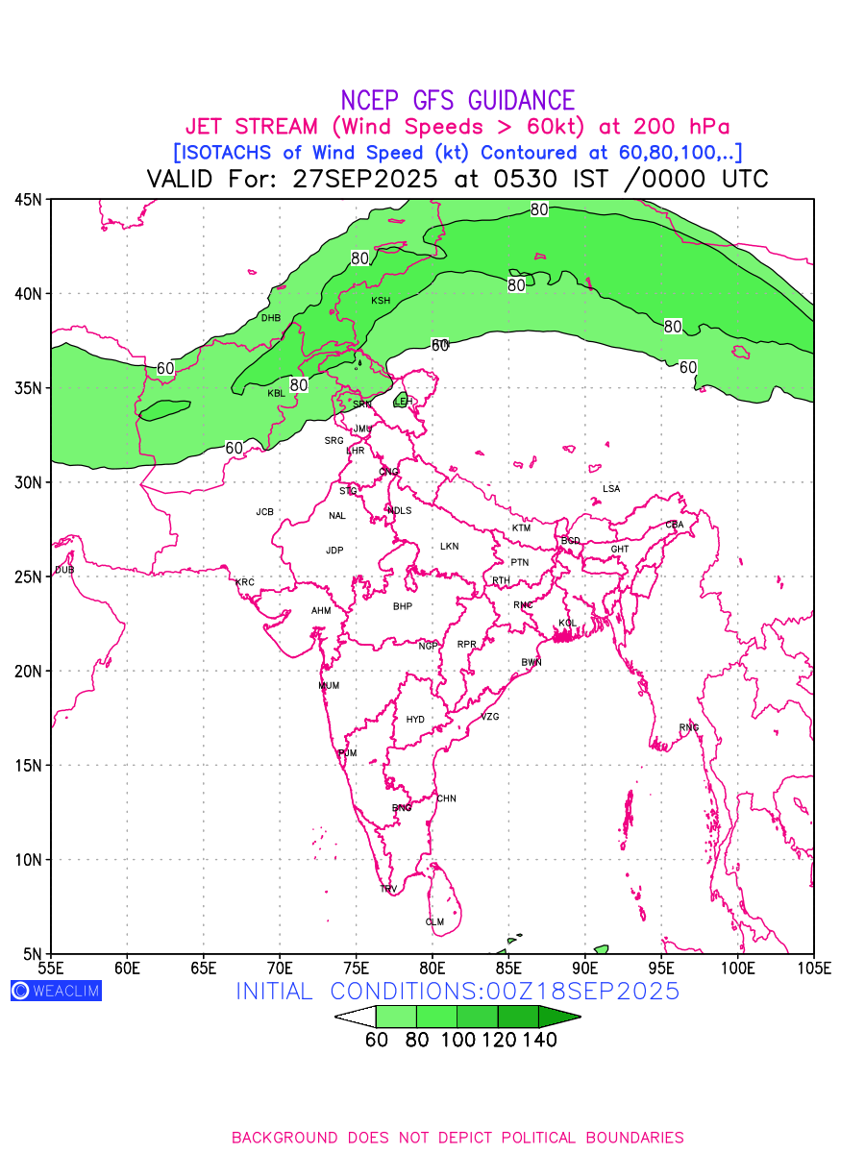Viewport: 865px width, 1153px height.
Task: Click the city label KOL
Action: (x=568, y=624)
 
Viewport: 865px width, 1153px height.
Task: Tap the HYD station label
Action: (x=415, y=720)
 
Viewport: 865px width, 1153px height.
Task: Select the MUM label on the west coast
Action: (x=329, y=686)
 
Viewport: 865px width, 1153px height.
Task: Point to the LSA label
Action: (x=611, y=489)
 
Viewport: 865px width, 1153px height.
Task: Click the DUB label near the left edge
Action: (x=64, y=570)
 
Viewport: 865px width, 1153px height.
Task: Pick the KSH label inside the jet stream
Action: (x=381, y=301)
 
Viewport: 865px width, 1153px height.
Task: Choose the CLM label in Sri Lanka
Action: (x=434, y=922)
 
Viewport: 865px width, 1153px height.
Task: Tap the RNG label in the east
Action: (x=689, y=727)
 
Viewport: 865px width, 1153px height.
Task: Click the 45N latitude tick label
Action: (x=28, y=200)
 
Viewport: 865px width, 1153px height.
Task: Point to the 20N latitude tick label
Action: (x=28, y=671)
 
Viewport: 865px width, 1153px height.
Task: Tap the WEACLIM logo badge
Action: (x=56, y=991)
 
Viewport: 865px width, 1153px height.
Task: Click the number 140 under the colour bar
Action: (x=540, y=1039)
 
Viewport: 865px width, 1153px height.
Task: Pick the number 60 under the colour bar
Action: (x=376, y=1039)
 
